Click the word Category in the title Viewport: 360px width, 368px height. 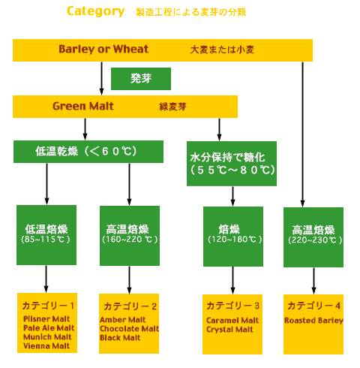tap(96, 11)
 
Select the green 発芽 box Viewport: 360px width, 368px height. tap(141, 79)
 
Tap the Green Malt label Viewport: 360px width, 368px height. tap(83, 106)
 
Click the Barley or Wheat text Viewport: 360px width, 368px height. tap(103, 49)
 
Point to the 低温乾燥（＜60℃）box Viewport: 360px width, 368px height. tap(88, 152)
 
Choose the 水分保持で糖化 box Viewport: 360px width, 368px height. tap(232, 164)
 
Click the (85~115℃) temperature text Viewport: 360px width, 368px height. tap(46, 240)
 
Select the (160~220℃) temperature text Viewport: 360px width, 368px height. tap(130, 240)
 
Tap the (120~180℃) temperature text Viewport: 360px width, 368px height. tap(235, 240)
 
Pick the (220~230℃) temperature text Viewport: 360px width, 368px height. tap(315, 240)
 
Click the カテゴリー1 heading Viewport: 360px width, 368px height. tap(48, 306)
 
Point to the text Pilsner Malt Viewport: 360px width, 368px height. tap(46, 319)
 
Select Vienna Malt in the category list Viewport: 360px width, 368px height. tap(46, 346)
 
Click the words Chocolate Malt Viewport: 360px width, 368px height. tap(129, 329)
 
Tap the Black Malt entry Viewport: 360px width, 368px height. tap(120, 338)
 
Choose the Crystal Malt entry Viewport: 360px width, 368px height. tap(229, 330)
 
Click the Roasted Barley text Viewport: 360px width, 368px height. tap(313, 321)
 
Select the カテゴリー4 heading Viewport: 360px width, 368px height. tap(313, 306)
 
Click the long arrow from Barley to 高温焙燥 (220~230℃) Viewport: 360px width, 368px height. tap(302, 134)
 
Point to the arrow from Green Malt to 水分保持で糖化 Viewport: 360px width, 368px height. tap(219, 129)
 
